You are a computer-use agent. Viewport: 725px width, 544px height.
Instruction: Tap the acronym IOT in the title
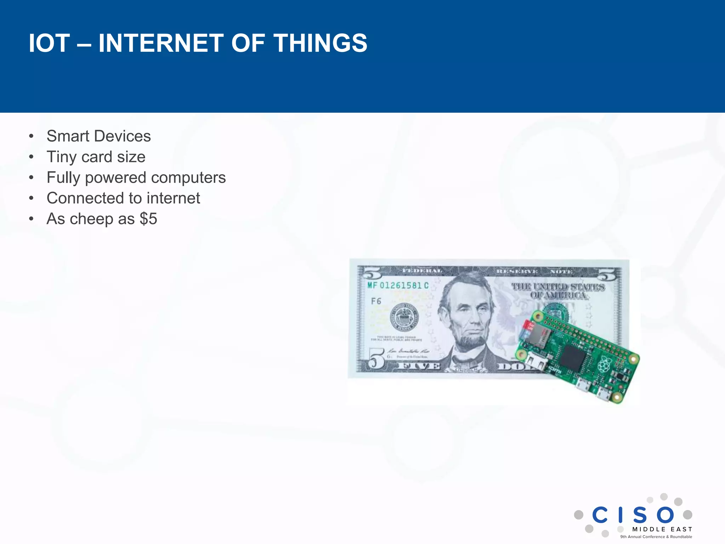coord(49,43)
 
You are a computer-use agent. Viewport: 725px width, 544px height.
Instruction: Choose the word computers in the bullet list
coord(188,178)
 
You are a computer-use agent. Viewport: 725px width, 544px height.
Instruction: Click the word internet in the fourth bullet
coord(173,198)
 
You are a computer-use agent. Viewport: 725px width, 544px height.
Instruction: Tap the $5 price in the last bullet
coord(148,219)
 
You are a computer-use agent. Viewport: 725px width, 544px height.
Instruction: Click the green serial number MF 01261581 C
coord(398,285)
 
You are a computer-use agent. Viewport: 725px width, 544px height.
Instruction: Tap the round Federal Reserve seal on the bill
coord(404,317)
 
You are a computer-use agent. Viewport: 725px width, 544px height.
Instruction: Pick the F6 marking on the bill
coord(376,301)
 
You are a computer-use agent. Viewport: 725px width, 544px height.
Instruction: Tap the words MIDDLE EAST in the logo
coord(662,529)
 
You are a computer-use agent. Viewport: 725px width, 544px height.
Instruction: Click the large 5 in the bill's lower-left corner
coord(376,358)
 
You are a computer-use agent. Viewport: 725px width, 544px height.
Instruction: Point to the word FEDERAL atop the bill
coord(422,271)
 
